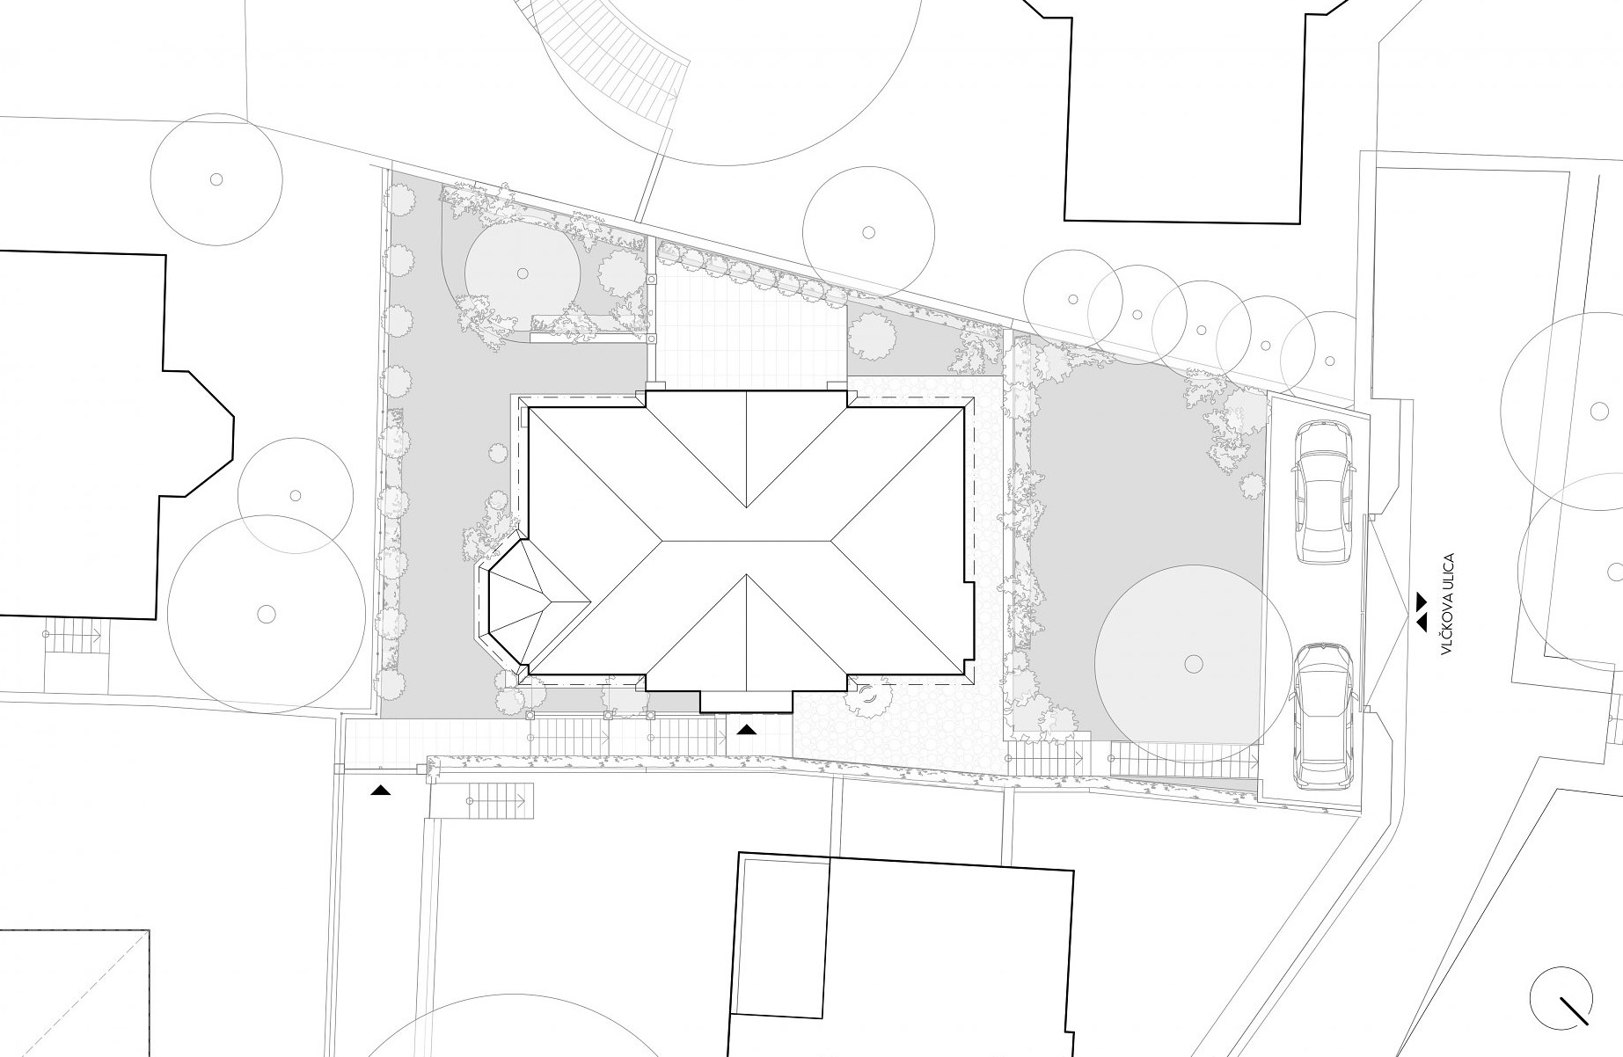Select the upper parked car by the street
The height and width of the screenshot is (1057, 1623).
point(1323,491)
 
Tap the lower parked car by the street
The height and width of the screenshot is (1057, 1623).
point(1323,713)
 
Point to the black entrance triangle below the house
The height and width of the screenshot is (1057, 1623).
point(747,729)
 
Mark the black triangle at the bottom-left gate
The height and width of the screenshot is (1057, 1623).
point(380,791)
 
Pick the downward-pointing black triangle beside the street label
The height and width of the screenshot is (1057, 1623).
point(1422,600)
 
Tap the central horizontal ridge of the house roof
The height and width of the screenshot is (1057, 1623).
point(746,539)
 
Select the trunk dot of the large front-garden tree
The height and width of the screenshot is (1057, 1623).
point(1193,662)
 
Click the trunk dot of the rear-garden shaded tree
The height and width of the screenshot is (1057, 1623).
point(522,273)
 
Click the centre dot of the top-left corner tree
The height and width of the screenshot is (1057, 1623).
point(216,179)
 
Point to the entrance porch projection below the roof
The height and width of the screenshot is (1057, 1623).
point(746,701)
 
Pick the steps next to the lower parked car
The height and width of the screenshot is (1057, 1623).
point(1182,755)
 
